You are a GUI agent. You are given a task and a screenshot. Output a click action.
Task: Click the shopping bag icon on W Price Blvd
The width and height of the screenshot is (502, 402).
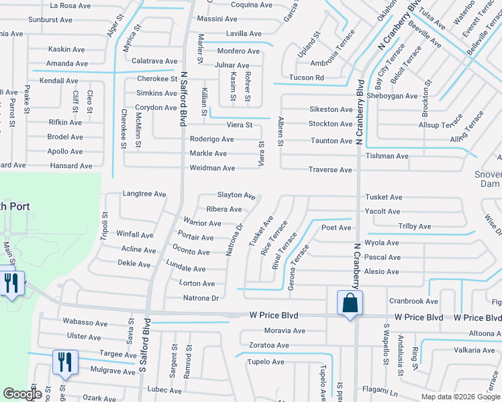350,303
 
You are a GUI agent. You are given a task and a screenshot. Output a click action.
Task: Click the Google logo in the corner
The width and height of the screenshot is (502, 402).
21,395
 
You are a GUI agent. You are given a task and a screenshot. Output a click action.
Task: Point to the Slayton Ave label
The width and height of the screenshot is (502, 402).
235,195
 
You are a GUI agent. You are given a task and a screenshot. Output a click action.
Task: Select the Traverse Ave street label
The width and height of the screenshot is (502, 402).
330,170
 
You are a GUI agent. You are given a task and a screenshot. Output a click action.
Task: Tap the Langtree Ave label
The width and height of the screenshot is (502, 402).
144,194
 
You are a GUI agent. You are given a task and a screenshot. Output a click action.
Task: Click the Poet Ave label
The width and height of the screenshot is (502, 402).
336,228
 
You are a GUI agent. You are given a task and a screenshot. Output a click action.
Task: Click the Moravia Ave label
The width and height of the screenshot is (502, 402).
284,331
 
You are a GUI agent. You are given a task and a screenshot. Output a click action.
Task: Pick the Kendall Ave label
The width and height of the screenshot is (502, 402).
59,81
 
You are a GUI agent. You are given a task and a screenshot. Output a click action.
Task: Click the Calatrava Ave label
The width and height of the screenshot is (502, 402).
154,61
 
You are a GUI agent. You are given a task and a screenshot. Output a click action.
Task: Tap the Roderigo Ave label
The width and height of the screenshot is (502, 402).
211,139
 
